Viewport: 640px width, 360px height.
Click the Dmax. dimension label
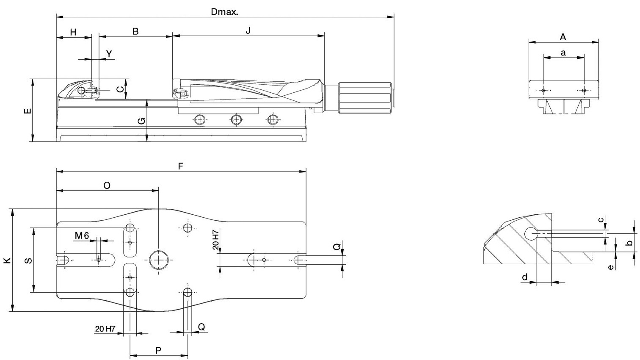(x=224, y=12)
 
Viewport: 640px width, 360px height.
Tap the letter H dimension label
(x=73, y=32)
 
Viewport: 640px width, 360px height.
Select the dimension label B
(x=135, y=31)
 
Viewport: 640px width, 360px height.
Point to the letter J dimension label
(x=248, y=30)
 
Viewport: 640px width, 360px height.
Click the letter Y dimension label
(x=109, y=53)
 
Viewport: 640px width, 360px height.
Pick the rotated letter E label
(x=28, y=111)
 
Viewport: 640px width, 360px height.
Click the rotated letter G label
(x=141, y=121)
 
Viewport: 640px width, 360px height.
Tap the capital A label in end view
(x=563, y=37)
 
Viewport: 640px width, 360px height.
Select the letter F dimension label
(x=180, y=166)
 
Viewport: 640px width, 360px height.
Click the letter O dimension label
(x=107, y=186)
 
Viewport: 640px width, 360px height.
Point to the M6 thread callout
(x=82, y=235)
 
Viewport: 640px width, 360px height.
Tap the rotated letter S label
(x=28, y=260)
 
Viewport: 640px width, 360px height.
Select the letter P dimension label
(x=158, y=350)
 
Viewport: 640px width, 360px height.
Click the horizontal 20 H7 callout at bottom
(x=105, y=329)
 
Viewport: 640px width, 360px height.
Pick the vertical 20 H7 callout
(x=216, y=239)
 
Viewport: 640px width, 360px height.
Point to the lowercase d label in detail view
(x=524, y=277)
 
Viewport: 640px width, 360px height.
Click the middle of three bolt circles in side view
(x=236, y=119)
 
